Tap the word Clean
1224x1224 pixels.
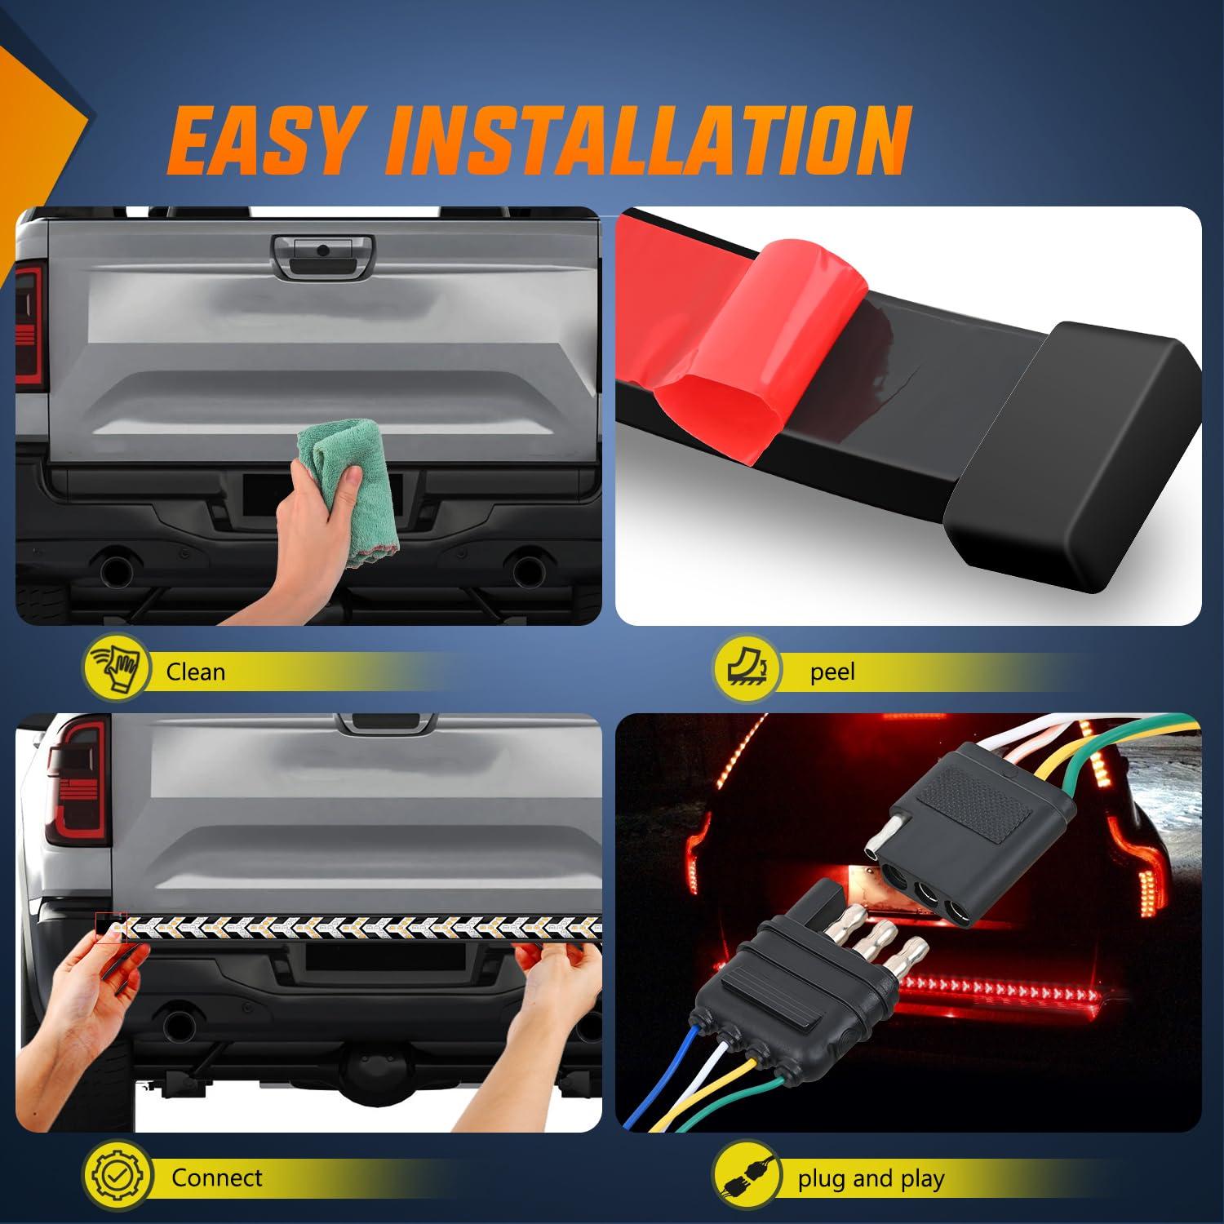[195, 672]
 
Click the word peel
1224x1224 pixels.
[832, 672]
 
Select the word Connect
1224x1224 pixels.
[216, 1177]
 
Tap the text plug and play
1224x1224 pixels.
[871, 1178]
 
